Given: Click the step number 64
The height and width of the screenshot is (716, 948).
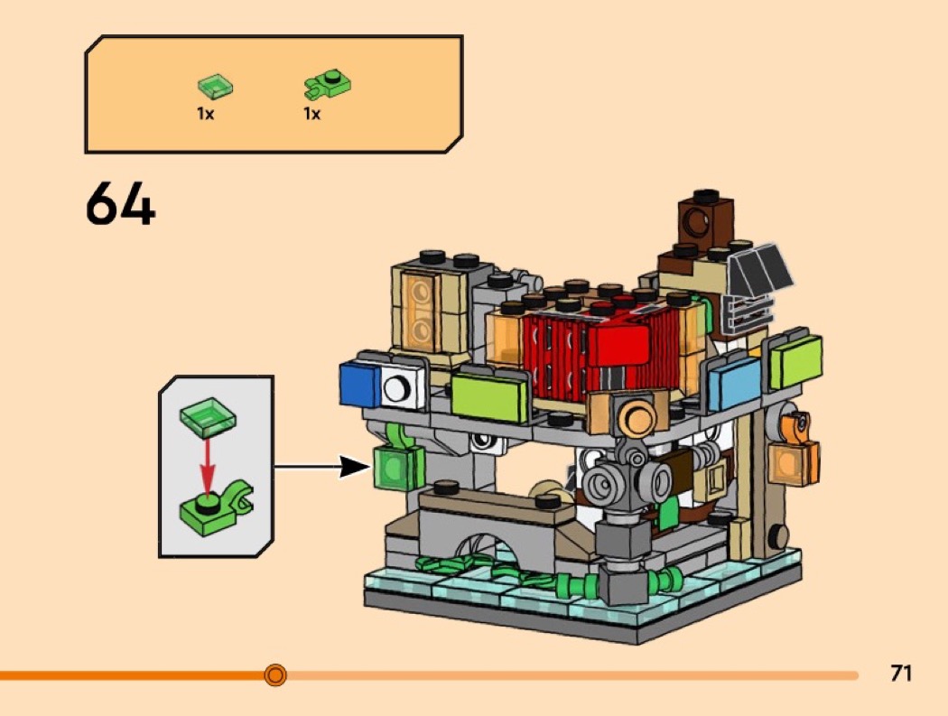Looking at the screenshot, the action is tap(120, 204).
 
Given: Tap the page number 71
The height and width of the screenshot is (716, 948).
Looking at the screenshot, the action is tap(900, 673).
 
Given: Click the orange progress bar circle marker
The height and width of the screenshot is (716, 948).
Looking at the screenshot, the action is tap(275, 674).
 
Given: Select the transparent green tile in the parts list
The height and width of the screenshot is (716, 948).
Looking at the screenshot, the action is tap(215, 87).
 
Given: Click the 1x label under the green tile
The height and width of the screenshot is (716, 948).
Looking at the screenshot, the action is tap(206, 113).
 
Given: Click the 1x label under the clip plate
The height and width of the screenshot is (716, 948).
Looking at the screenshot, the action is tap(312, 113).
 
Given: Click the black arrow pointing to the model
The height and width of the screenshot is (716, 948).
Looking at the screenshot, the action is tap(321, 466).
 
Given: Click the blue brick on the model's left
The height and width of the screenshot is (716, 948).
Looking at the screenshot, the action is tap(360, 385).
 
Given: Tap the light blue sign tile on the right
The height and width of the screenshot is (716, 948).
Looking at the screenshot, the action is tap(733, 380).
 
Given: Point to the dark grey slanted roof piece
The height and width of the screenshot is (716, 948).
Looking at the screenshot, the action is tap(760, 268).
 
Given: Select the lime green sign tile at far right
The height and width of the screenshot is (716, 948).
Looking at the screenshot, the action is tap(795, 361).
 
